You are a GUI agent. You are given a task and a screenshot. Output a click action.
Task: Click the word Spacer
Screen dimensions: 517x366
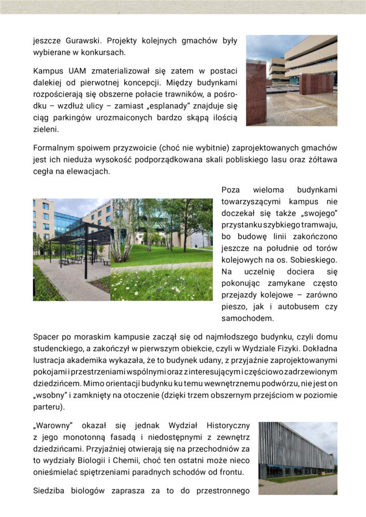45,337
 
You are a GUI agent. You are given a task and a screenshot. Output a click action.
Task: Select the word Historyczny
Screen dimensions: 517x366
228,425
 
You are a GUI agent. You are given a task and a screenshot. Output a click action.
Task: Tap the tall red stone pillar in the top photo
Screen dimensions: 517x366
256,93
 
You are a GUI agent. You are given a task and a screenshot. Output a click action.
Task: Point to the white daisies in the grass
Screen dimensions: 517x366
155,284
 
